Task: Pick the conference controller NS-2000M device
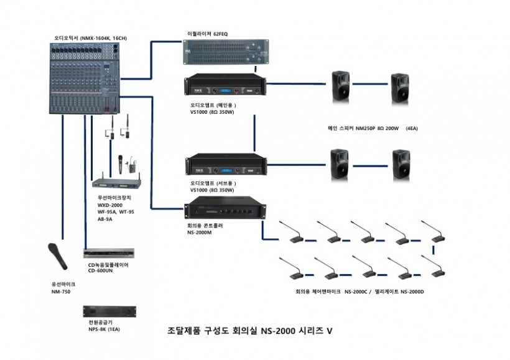coord(221,210)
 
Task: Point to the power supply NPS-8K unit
coord(109,312)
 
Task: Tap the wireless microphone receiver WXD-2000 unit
coord(116,184)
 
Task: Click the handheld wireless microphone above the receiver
coord(116,164)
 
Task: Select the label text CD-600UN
coord(101,271)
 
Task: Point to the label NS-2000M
coord(200,233)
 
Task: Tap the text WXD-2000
coord(109,205)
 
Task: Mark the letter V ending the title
coord(330,331)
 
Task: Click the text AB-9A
coord(104,219)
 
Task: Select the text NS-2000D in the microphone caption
coord(412,291)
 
